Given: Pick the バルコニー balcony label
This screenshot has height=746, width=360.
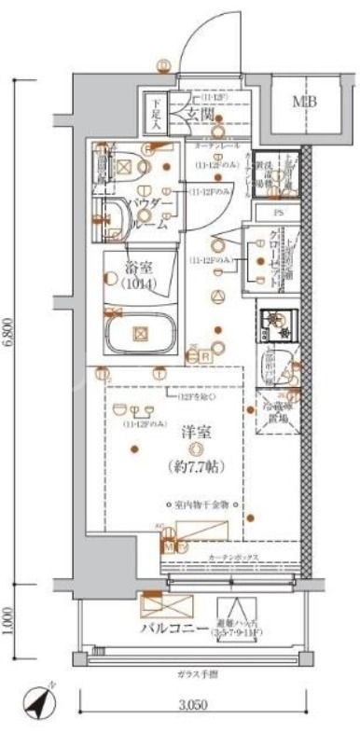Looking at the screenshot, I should (174, 628).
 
